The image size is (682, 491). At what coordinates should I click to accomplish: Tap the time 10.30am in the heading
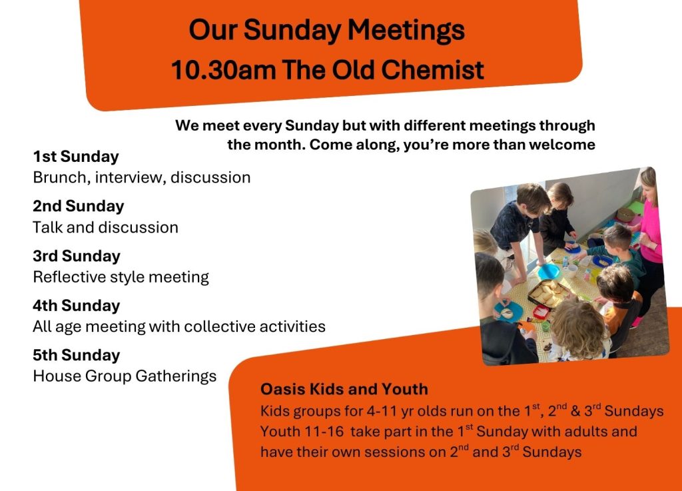(x=224, y=69)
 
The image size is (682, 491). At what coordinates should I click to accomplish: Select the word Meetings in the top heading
(x=406, y=31)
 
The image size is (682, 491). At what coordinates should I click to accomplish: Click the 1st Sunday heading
(x=76, y=157)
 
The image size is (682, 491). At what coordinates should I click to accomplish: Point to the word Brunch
(x=61, y=177)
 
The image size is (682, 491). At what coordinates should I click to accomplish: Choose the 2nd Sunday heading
(x=79, y=206)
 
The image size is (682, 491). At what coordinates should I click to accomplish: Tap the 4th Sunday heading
(x=76, y=306)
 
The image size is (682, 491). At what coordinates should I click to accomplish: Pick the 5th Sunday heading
(x=76, y=355)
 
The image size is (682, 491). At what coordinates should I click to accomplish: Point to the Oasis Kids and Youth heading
(x=344, y=389)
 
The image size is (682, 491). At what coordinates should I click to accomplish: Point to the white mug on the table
(x=570, y=270)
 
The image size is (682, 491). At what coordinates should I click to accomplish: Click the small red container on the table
(x=541, y=312)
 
